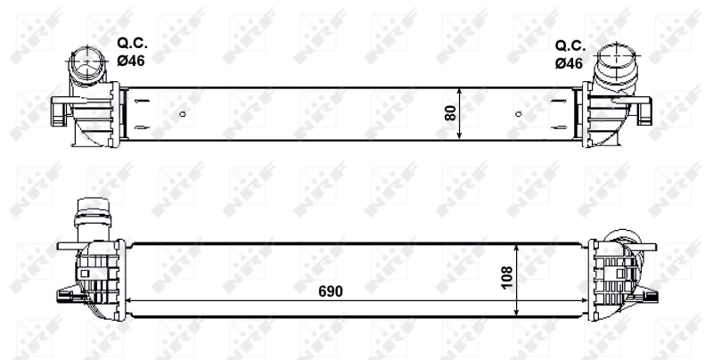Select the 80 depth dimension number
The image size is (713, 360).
pyautogui.click(x=450, y=113)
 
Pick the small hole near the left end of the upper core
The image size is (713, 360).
pyautogui.click(x=183, y=113)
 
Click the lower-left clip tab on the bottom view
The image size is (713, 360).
pyautogui.click(x=65, y=296)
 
